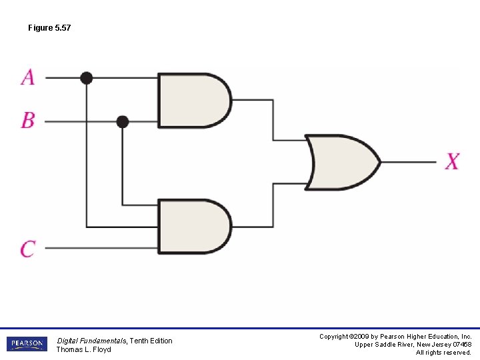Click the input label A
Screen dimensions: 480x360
[x=28, y=77]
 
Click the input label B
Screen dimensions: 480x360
[x=28, y=120]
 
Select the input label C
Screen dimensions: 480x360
[x=28, y=249]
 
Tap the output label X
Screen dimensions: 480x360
[x=453, y=161]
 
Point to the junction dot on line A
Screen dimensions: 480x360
[x=86, y=78]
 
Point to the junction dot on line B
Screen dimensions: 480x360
[x=122, y=121]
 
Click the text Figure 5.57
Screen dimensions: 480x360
[x=49, y=28]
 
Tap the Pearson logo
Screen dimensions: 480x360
[x=27, y=344]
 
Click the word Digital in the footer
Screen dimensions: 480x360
[x=68, y=341]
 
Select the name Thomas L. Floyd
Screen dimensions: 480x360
[x=83, y=349]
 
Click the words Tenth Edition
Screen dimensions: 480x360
[x=151, y=341]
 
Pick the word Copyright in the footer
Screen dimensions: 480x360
[x=335, y=337]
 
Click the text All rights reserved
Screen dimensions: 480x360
[x=443, y=353]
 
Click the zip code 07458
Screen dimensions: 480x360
[x=461, y=345]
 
